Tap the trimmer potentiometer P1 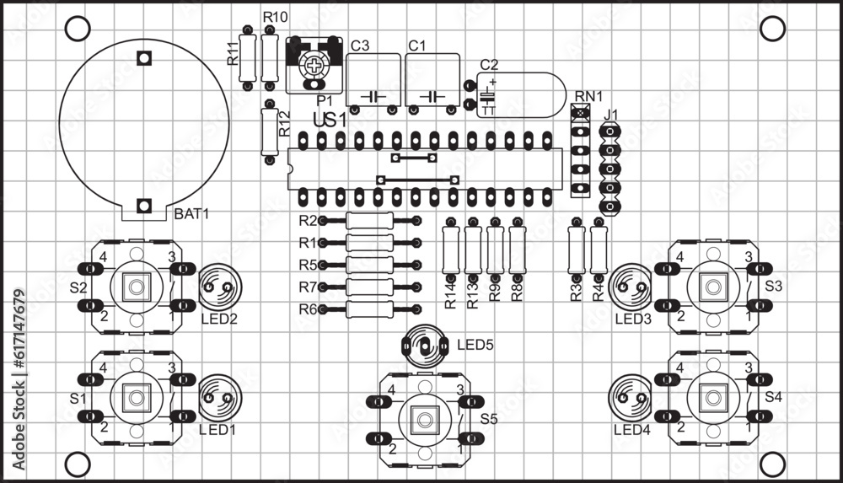(314, 66)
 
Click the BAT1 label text (191, 214)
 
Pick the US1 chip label (330, 121)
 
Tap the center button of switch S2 (135, 287)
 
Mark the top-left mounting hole (77, 28)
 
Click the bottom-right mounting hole (771, 462)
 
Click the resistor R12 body (269, 131)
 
